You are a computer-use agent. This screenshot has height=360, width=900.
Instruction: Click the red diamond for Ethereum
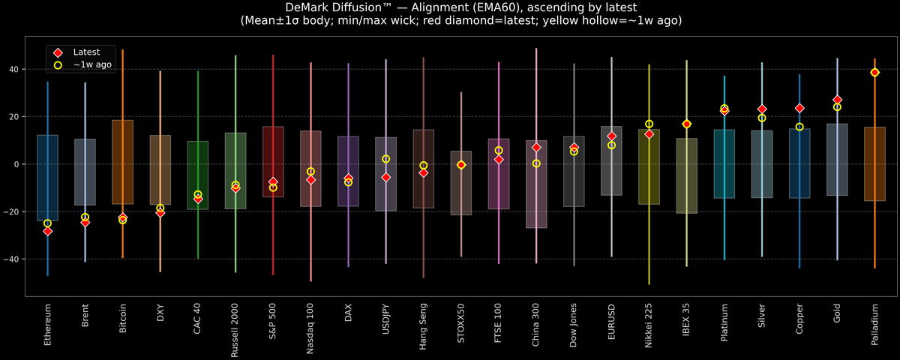pos(47,231)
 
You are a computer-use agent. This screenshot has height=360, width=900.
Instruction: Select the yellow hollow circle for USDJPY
pos(385,159)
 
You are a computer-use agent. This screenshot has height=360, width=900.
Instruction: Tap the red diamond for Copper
pos(799,109)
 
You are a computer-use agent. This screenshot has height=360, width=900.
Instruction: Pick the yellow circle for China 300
pos(536,163)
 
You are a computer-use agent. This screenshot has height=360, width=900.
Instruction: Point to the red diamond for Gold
pos(837,100)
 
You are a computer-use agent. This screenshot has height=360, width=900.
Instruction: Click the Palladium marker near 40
pos(874,73)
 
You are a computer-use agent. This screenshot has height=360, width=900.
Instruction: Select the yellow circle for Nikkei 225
pos(649,124)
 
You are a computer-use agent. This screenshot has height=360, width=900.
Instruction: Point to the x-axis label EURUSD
pos(611,324)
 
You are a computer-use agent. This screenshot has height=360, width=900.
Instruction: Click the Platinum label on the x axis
pos(724,325)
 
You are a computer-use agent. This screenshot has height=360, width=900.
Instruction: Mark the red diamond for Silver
pos(762,109)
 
